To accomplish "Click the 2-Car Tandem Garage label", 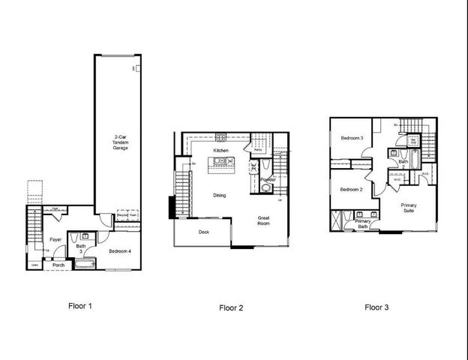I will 120,142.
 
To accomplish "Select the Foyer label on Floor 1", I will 55,240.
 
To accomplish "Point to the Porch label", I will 58,265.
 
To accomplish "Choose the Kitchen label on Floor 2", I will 220,151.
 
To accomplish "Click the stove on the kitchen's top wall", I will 221,137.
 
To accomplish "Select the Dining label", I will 218,195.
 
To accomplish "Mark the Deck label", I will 203,232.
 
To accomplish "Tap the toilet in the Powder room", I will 264,189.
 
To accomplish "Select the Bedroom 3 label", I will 352,139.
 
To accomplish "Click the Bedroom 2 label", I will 351,190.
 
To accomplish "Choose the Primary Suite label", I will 409,208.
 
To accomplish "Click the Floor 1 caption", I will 80,306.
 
